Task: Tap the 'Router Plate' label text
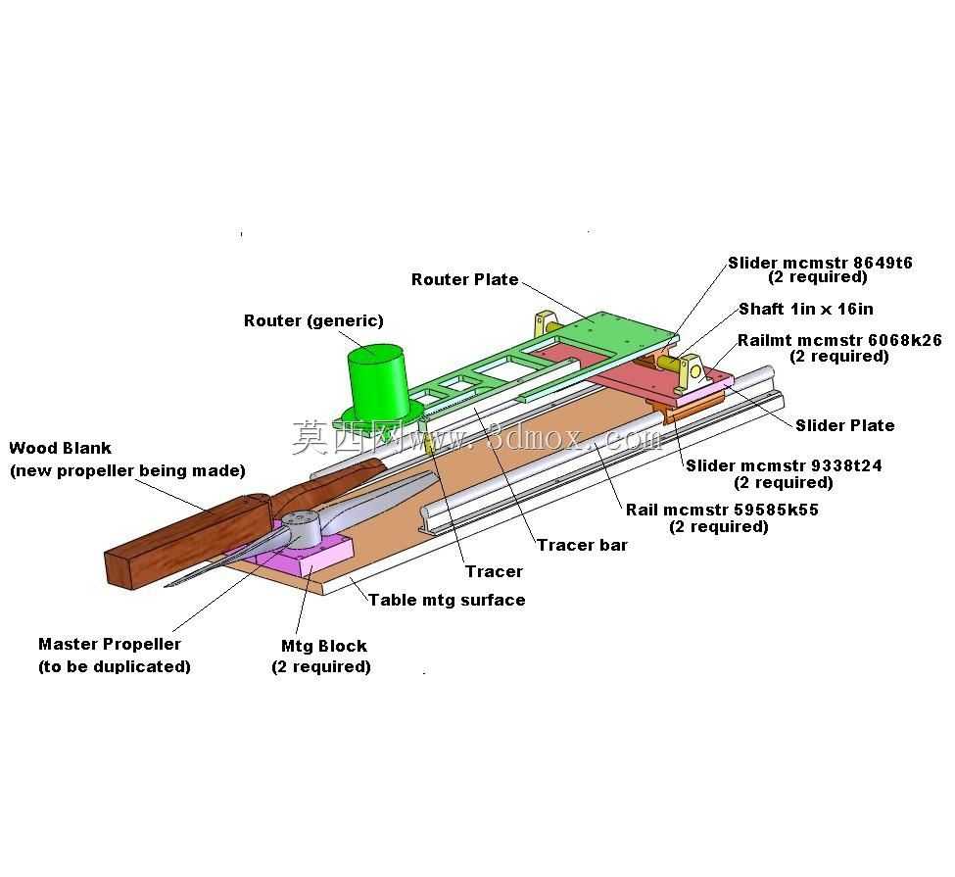(464, 279)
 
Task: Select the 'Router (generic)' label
(313, 320)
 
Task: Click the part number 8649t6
(883, 263)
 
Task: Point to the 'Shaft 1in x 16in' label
(806, 309)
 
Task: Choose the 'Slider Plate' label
(844, 425)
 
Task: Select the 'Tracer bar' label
(582, 545)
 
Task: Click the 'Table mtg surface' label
(447, 600)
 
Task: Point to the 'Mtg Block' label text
(324, 646)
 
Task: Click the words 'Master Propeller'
(110, 644)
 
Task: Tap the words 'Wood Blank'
(61, 448)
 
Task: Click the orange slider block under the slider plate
(693, 411)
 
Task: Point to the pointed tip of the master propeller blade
(166, 586)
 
